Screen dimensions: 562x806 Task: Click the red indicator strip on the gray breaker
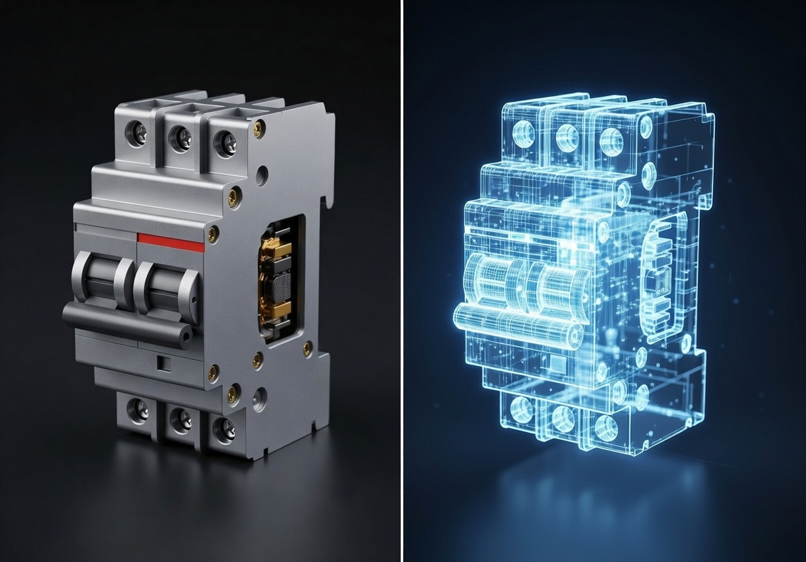click(171, 243)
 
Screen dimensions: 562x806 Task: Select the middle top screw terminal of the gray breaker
click(180, 138)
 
